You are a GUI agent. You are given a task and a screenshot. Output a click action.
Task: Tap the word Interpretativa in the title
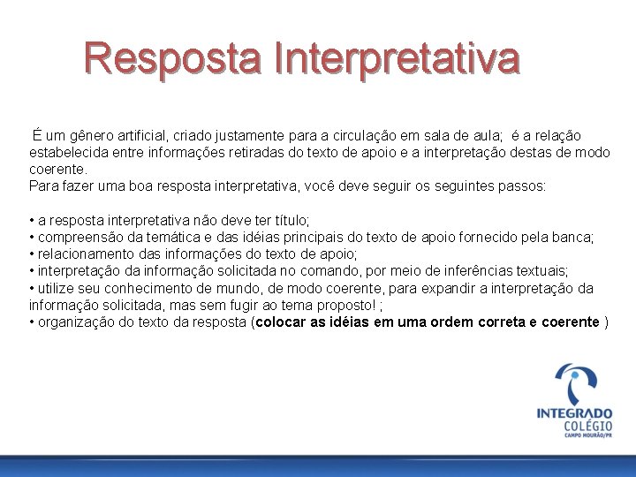click(397, 59)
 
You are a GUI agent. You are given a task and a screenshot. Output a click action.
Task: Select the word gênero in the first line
click(93, 135)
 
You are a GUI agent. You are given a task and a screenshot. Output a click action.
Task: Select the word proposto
click(344, 305)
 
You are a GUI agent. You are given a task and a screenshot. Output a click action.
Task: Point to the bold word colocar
click(281, 322)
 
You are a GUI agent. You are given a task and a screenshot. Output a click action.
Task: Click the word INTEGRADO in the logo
click(574, 413)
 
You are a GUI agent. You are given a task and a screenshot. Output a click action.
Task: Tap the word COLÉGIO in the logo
click(588, 426)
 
